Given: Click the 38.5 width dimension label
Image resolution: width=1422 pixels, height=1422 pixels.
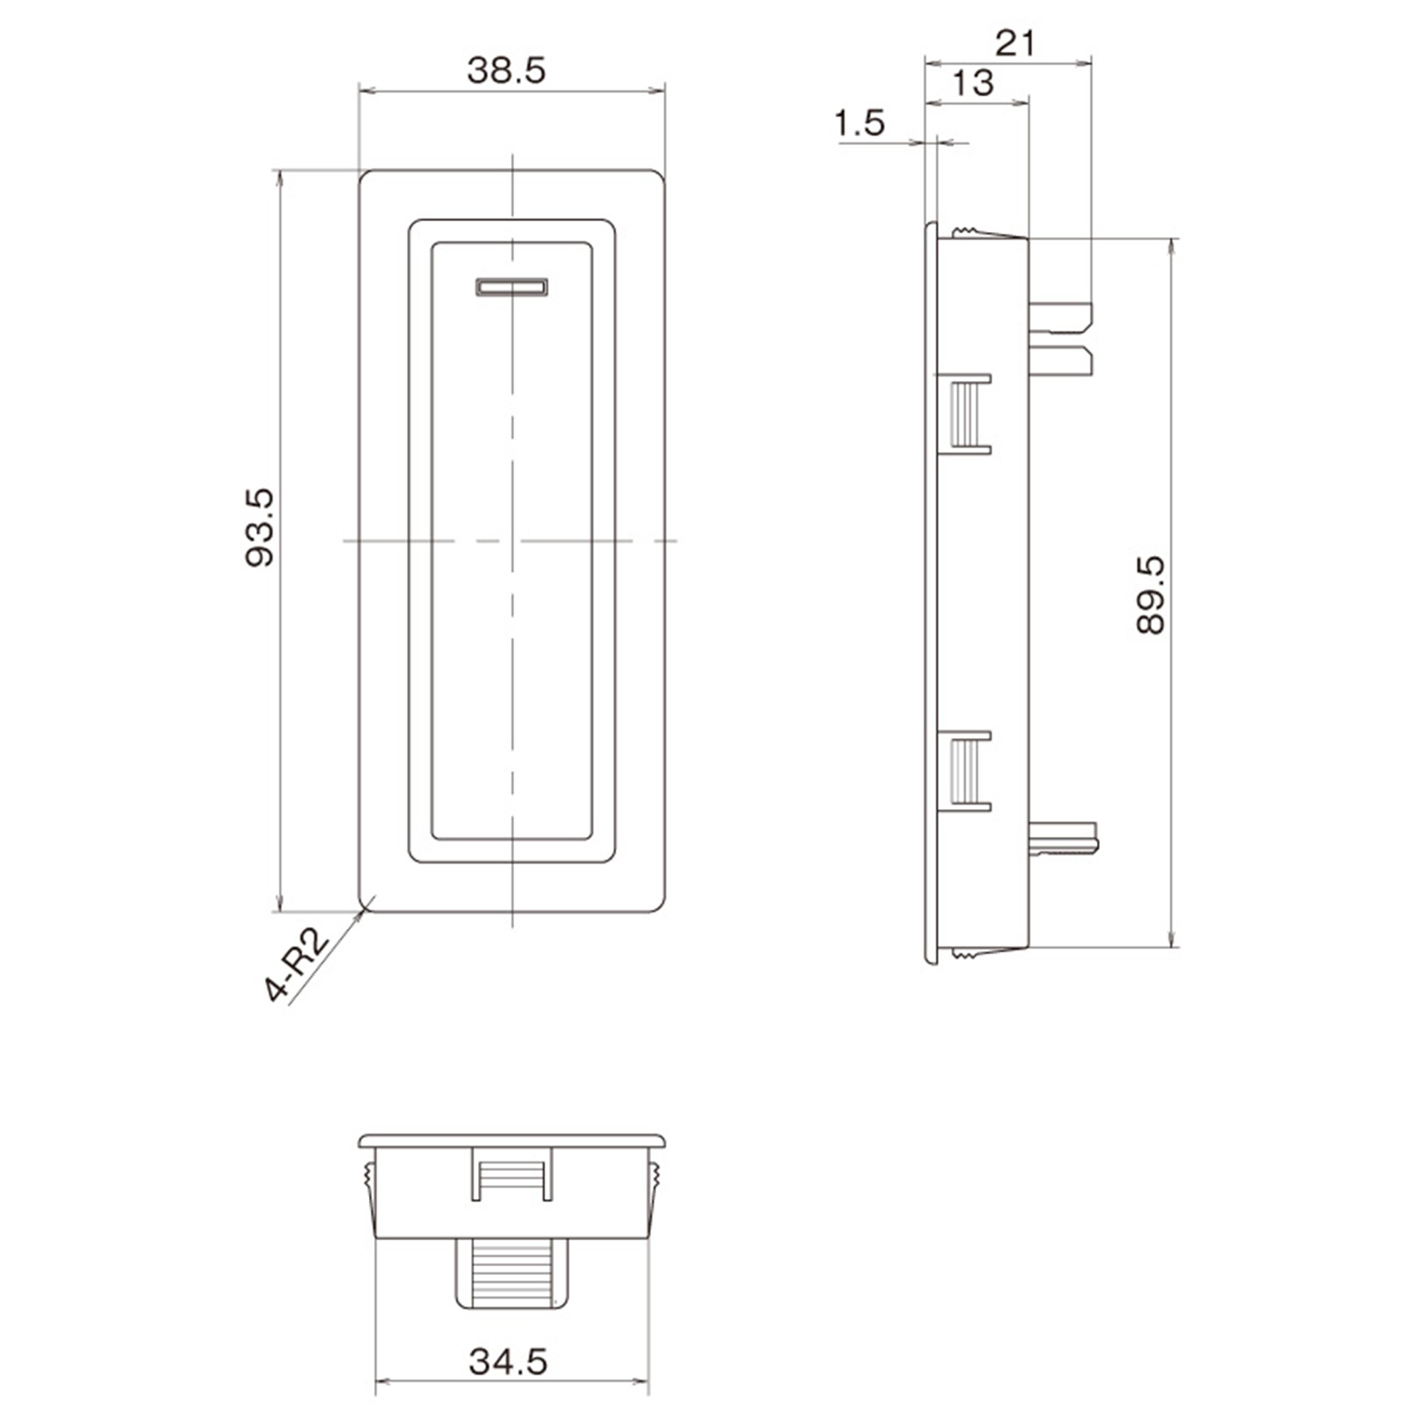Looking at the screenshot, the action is pos(506,70).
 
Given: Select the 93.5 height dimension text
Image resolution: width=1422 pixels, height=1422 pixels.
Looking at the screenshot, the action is pos(260,527).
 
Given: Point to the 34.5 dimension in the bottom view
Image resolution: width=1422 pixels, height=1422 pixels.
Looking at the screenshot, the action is pos(508,1362).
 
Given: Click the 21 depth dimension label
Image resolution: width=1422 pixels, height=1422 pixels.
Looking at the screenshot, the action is pos(1015,44).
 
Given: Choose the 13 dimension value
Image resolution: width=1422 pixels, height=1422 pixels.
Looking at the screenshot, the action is pos(974,83).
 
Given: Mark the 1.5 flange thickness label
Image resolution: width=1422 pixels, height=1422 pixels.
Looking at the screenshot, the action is pos(860,123).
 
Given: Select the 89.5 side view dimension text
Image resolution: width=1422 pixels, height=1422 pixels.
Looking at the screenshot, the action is pos(1150,594).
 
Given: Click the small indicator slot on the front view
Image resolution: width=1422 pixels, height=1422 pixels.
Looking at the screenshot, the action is pos(511,287).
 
